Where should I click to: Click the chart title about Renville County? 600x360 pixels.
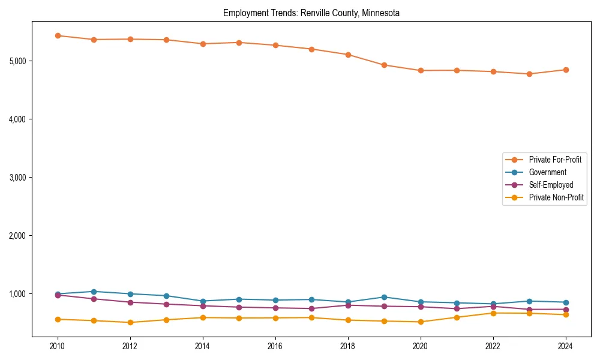311,13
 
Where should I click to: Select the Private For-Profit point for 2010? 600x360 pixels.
58,35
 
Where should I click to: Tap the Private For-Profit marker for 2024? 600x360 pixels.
566,70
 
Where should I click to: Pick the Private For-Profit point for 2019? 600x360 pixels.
384,65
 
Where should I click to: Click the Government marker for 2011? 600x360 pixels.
94,292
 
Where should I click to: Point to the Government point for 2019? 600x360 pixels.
384,297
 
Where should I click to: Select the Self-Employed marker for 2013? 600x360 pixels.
166,304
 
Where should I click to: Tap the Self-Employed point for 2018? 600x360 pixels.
348,305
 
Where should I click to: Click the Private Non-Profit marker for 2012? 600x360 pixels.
130,322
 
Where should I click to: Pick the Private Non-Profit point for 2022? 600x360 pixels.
493,313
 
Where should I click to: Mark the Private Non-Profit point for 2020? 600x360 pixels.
421,322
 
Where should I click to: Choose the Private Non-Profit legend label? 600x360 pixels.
556,197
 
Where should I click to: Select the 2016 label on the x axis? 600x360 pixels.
275,346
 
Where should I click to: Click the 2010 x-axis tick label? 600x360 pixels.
58,346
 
